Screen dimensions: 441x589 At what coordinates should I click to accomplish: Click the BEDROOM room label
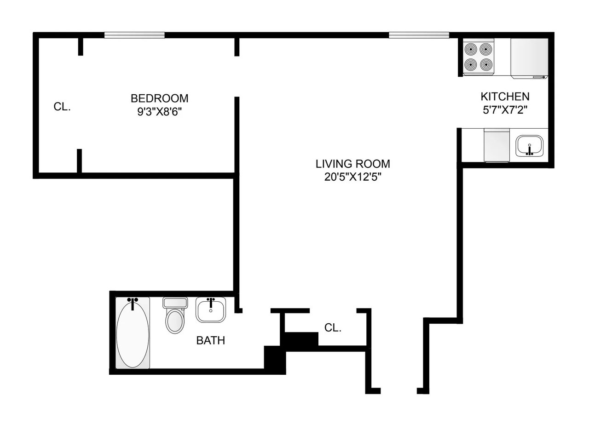pyautogui.click(x=159, y=98)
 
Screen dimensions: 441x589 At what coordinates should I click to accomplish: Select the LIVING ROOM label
pyautogui.click(x=352, y=164)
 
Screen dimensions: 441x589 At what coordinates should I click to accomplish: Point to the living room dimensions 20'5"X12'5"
pyautogui.click(x=352, y=177)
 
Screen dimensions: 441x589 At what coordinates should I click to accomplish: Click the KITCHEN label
pyautogui.click(x=505, y=97)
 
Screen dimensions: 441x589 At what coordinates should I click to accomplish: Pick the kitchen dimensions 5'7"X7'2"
pyautogui.click(x=505, y=110)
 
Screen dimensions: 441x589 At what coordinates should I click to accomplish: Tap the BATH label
pyautogui.click(x=211, y=340)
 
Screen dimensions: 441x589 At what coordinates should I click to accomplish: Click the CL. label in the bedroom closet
pyautogui.click(x=62, y=107)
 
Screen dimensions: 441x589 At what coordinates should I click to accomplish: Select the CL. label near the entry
pyautogui.click(x=333, y=328)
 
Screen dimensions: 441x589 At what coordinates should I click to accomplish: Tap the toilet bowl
pyautogui.click(x=175, y=321)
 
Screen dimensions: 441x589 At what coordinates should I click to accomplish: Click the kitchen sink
pyautogui.click(x=530, y=146)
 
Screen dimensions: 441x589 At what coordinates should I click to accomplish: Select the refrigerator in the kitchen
pyautogui.click(x=529, y=57)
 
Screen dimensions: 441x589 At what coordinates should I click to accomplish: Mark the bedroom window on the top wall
pyautogui.click(x=134, y=35)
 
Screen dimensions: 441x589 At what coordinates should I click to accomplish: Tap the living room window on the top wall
pyautogui.click(x=419, y=35)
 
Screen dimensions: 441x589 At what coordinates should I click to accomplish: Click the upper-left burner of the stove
pyautogui.click(x=471, y=49)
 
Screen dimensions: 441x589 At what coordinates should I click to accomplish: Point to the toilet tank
pyautogui.click(x=175, y=303)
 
